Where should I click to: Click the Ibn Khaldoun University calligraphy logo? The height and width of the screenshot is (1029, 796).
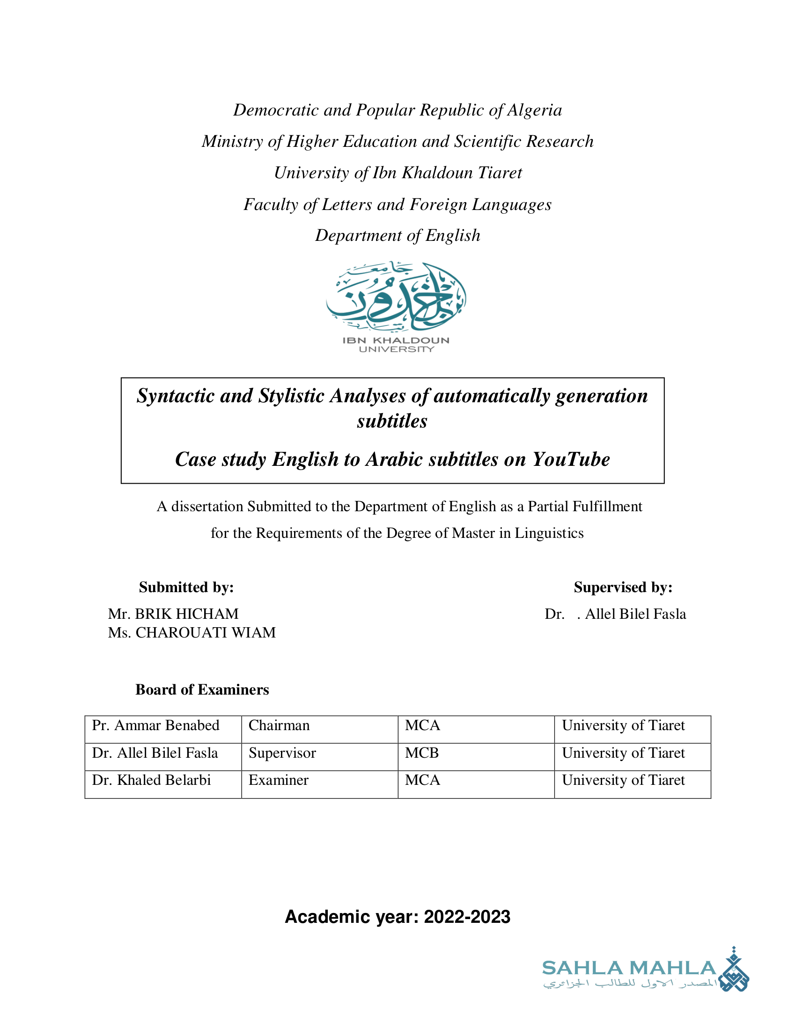(x=396, y=297)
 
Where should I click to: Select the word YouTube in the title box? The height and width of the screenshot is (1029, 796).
(x=571, y=459)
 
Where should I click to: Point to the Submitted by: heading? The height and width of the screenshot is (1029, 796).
(x=186, y=587)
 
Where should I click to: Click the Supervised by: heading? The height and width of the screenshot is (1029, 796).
(x=623, y=587)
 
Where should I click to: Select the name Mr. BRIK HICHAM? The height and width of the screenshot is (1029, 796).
(x=173, y=614)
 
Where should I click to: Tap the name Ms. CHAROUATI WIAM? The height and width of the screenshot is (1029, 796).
(x=192, y=632)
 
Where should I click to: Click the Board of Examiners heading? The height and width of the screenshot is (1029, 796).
(x=202, y=689)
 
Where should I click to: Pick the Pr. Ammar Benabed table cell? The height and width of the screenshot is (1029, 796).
(x=155, y=725)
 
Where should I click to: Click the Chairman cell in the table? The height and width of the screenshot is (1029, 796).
(x=279, y=725)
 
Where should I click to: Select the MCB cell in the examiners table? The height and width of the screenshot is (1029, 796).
(x=422, y=753)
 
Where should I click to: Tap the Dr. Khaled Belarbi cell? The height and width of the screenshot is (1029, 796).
(x=151, y=780)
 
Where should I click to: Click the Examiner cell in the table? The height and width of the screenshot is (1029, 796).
(x=278, y=780)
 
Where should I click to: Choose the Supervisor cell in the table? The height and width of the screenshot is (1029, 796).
(x=282, y=753)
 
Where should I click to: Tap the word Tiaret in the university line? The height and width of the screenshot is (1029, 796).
(x=500, y=173)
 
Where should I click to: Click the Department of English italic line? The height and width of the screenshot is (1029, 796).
(x=398, y=236)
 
